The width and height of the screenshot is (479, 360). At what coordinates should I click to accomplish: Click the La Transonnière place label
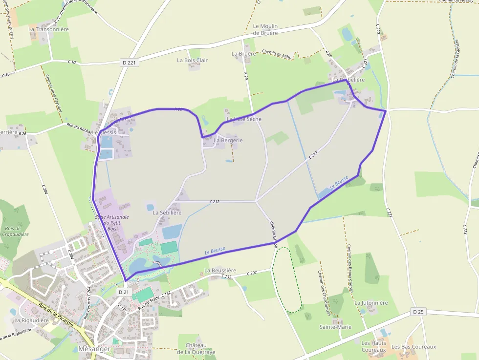tap(48, 29)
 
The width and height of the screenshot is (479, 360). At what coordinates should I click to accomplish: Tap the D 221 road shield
tap(128, 63)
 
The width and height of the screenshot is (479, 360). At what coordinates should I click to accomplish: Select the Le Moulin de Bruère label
tap(265, 29)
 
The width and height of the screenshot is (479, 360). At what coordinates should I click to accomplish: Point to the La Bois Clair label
tap(192, 60)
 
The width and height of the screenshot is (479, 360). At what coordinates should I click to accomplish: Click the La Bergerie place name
tap(228, 140)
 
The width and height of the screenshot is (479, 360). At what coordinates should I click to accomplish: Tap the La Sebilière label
tap(167, 212)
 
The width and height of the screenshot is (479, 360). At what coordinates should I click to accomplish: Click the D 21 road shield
tap(124, 292)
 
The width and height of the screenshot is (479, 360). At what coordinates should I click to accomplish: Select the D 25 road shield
tap(417, 312)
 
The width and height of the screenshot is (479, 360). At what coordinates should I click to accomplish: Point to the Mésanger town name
tap(90, 349)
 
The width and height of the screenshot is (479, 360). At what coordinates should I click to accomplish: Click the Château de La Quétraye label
tap(196, 348)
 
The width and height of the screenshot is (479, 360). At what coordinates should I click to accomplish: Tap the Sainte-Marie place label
tap(335, 327)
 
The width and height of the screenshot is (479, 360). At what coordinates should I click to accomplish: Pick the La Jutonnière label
tap(371, 303)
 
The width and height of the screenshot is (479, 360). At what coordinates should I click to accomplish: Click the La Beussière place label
tap(220, 270)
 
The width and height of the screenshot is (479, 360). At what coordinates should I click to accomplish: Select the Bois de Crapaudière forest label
tap(12, 231)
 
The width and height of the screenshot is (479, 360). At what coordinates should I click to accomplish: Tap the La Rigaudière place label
tap(32, 320)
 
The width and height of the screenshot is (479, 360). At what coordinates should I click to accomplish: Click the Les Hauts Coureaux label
tap(374, 346)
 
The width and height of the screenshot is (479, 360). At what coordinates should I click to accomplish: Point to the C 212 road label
tap(215, 201)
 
